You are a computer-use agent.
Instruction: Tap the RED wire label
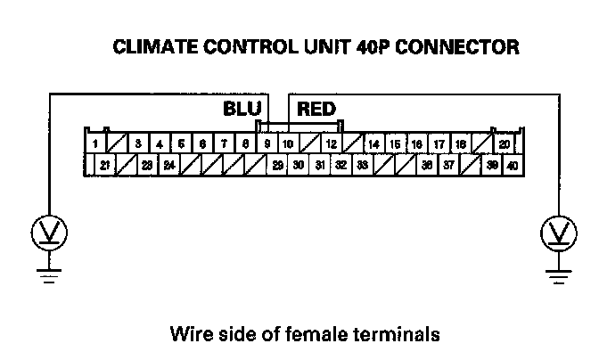tap(316, 110)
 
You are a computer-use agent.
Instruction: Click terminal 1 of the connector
tap(94, 143)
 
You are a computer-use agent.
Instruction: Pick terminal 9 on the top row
tap(267, 143)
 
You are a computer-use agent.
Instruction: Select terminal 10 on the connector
tap(288, 143)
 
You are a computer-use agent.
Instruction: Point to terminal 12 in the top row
tap(331, 143)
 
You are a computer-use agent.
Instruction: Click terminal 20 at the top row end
tap(504, 143)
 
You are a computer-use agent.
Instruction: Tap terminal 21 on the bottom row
tap(105, 165)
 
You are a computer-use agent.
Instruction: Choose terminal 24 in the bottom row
tap(169, 165)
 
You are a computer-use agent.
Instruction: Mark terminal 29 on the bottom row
tap(277, 165)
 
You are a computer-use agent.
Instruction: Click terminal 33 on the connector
tap(363, 165)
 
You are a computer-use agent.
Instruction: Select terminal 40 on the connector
tap(513, 165)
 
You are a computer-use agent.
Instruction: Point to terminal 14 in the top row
tap(374, 143)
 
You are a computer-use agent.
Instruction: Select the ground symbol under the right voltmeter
tap(559, 274)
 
